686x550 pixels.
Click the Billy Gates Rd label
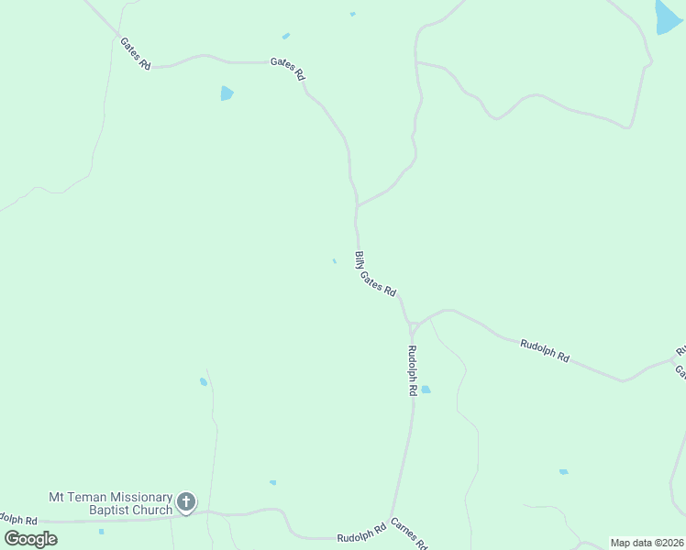pyautogui.click(x=375, y=274)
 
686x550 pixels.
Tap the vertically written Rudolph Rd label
pyautogui.click(x=413, y=369)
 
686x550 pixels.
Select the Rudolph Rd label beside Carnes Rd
pyautogui.click(x=361, y=535)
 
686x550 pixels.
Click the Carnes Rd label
pyautogui.click(x=409, y=533)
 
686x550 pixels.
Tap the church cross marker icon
pyautogui.click(x=186, y=501)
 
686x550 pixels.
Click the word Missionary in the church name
pyautogui.click(x=134, y=497)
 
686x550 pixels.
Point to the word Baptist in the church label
pyautogui.click(x=112, y=510)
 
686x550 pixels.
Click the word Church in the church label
pyautogui.click(x=154, y=510)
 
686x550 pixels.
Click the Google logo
pyautogui.click(x=31, y=539)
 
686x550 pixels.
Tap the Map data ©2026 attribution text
pyautogui.click(x=647, y=543)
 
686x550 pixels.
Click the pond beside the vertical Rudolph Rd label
pyautogui.click(x=426, y=390)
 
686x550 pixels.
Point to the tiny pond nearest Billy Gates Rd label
pyautogui.click(x=334, y=261)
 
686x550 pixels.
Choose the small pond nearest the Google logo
pyautogui.click(x=101, y=531)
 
